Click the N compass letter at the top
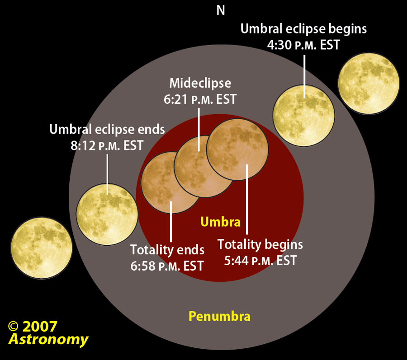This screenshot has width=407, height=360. [221, 10]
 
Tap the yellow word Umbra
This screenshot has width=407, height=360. [220, 222]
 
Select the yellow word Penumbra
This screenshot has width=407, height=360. [219, 316]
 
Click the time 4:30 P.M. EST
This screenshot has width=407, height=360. [303, 45]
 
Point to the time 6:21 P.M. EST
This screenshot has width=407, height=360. [200, 99]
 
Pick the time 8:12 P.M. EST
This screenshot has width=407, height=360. [107, 145]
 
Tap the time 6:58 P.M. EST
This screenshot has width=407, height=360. [167, 266]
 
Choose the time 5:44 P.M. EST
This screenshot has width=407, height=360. [260, 261]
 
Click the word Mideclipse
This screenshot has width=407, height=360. [200, 83]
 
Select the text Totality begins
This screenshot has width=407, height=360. [260, 244]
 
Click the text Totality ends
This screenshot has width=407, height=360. [167, 250]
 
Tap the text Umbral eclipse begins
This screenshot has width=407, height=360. [303, 29]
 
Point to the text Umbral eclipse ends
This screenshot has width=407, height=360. [107, 129]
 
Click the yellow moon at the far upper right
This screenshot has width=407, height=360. [369, 84]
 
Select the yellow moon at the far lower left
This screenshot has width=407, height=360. [42, 248]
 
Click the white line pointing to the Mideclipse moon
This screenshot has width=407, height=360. [199, 130]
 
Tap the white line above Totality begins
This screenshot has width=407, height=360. [247, 199]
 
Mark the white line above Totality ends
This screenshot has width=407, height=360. [171, 222]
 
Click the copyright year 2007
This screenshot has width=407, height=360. [40, 326]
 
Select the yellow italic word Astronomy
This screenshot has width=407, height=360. [48, 339]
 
